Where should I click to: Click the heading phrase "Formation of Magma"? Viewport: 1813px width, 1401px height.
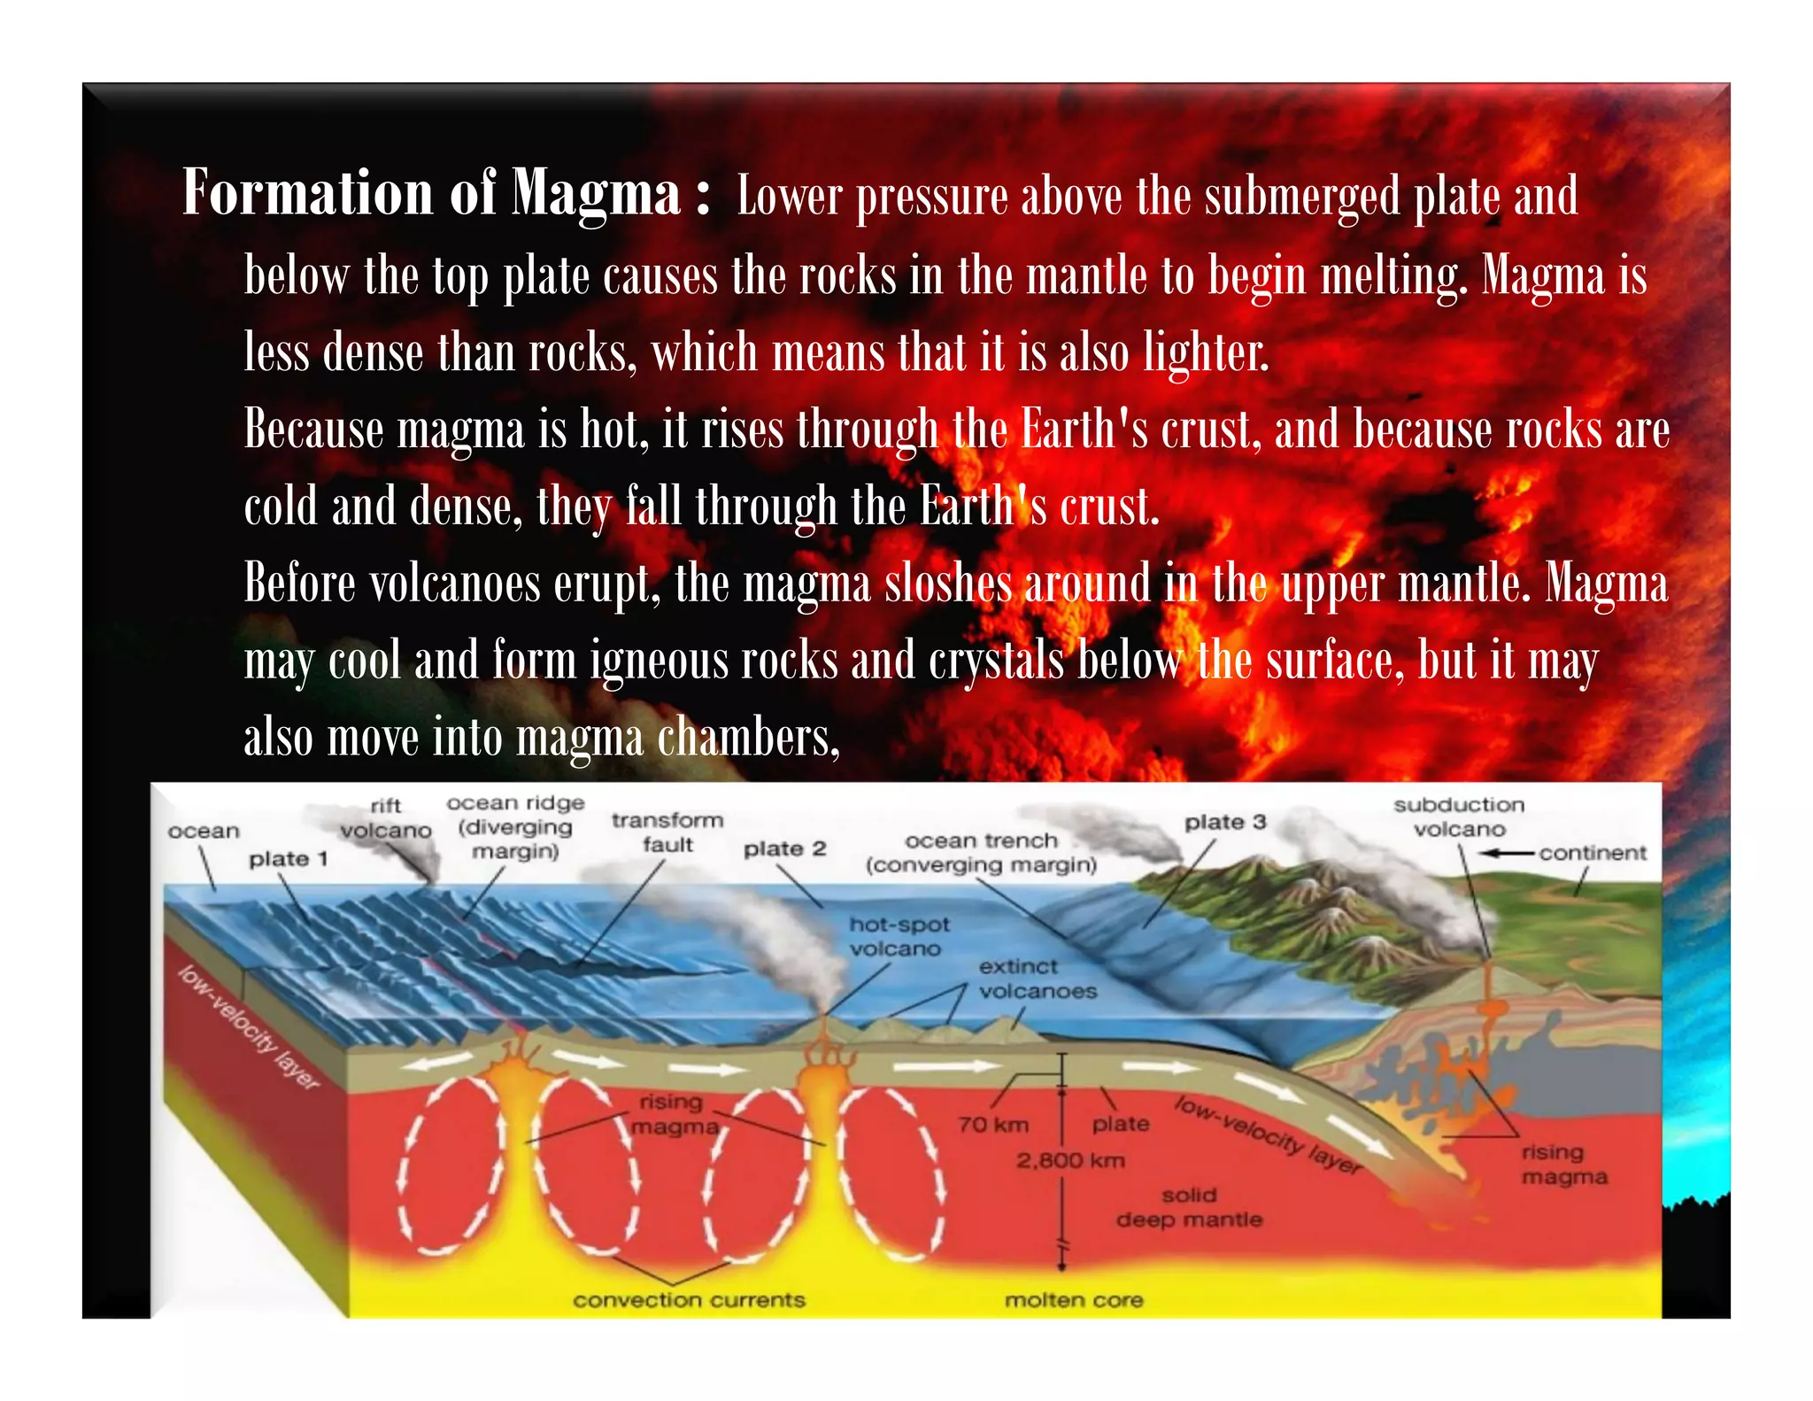click(431, 193)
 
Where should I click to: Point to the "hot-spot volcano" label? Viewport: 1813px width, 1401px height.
click(899, 936)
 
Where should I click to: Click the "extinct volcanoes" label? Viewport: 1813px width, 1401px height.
click(1037, 979)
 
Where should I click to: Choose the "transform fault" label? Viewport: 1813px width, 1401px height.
click(667, 832)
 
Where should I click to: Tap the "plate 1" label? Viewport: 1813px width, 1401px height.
click(289, 858)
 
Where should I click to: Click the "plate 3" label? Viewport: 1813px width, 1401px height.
click(1225, 822)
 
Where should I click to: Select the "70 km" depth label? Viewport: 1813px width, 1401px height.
click(993, 1125)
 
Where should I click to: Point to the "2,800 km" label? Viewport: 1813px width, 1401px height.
click(1070, 1160)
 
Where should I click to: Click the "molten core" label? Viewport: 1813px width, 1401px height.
click(1073, 1300)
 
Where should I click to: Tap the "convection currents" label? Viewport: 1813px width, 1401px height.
click(689, 1300)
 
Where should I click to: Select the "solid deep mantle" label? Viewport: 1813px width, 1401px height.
click(1189, 1207)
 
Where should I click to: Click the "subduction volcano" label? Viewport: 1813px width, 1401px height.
click(1459, 817)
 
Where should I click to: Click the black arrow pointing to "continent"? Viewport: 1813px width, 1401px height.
click(1507, 853)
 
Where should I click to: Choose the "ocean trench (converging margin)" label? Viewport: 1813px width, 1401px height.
click(981, 852)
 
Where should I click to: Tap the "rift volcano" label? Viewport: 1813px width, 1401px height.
click(386, 818)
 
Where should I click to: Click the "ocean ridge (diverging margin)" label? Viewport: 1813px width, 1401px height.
click(515, 826)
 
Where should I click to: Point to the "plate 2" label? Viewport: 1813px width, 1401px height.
click(784, 848)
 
